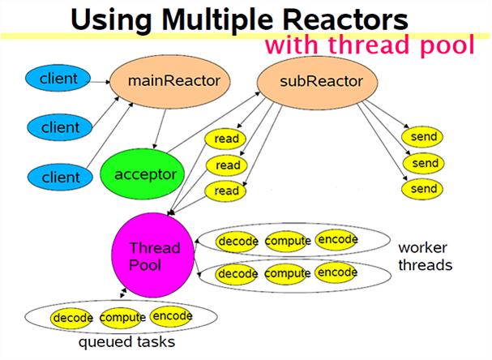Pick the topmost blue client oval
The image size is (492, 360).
click(58, 79)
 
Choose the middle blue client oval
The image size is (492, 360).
click(59, 127)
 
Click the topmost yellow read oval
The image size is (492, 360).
click(227, 139)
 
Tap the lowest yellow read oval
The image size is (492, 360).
click(227, 191)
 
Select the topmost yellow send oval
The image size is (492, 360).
click(424, 137)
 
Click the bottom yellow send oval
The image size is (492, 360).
click(424, 189)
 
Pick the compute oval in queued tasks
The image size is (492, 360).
click(122, 317)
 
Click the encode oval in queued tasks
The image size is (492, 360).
click(172, 315)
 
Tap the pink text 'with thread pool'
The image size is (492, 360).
click(369, 45)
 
